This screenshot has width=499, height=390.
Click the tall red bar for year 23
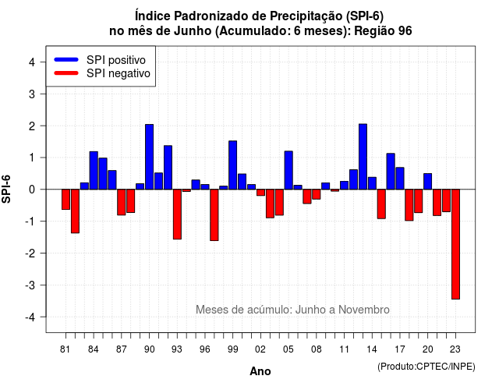pos(455,244)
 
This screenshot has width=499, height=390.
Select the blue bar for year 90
pos(149,157)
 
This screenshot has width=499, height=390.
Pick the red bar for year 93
pos(177,214)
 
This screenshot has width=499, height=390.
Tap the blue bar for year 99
pos(232,165)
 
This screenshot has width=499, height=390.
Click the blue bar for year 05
pos(288,170)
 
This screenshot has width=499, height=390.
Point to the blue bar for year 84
pos(94,170)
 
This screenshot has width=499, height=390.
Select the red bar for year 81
pos(65,200)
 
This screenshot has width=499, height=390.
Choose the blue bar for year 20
pos(428,182)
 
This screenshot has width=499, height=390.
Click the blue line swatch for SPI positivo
pos(66,59)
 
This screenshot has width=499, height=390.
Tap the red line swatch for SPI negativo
pos(66,73)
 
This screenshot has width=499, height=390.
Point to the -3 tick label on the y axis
pos(30,285)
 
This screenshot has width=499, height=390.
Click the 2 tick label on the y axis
pos(32,126)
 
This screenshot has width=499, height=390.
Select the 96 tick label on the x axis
pos(205,349)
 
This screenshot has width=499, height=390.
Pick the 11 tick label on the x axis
pos(345,349)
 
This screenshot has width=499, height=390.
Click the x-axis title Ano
pos(260,371)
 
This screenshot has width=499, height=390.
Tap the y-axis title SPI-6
pos(6,189)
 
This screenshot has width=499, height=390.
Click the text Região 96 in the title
pos(383,31)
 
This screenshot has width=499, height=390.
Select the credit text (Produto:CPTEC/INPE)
pos(426,367)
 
